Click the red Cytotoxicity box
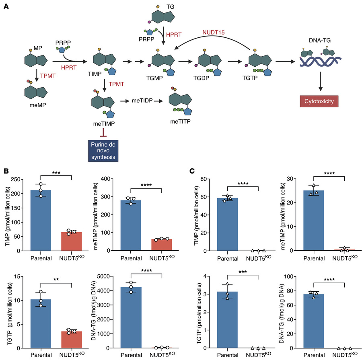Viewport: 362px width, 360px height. [x=321, y=101]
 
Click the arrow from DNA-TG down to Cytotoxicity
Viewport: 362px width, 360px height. [x=321, y=82]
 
